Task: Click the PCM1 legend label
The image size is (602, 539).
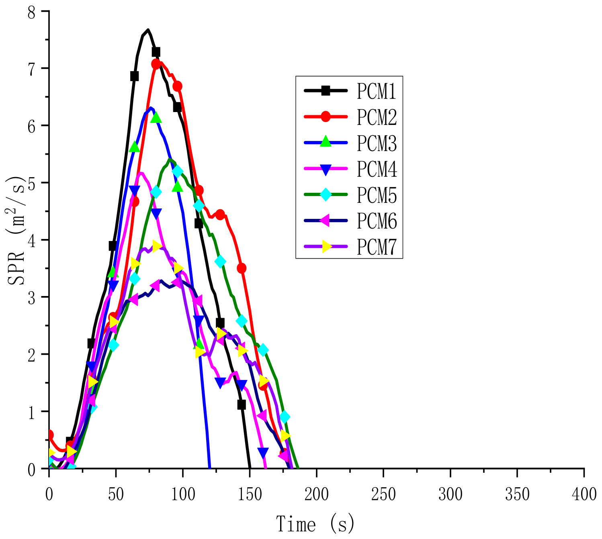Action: (x=377, y=91)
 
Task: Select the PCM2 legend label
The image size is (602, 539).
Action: (x=377, y=117)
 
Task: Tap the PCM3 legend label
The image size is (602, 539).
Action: (x=377, y=143)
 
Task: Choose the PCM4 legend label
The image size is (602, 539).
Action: (x=377, y=169)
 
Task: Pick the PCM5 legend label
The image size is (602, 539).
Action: (x=377, y=195)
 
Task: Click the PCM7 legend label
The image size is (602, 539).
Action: (x=377, y=247)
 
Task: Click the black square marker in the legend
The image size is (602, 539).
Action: (x=326, y=91)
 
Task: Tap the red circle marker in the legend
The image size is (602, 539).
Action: (x=326, y=117)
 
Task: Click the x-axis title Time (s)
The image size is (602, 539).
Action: (x=315, y=524)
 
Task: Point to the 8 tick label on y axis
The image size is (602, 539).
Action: (x=31, y=12)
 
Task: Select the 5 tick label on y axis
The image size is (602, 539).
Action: (x=31, y=183)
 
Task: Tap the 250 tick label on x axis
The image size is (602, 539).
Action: (x=383, y=494)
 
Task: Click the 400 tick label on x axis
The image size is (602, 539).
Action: (x=584, y=494)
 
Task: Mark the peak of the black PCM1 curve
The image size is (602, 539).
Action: (x=148, y=30)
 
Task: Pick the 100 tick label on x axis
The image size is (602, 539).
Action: (x=183, y=494)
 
